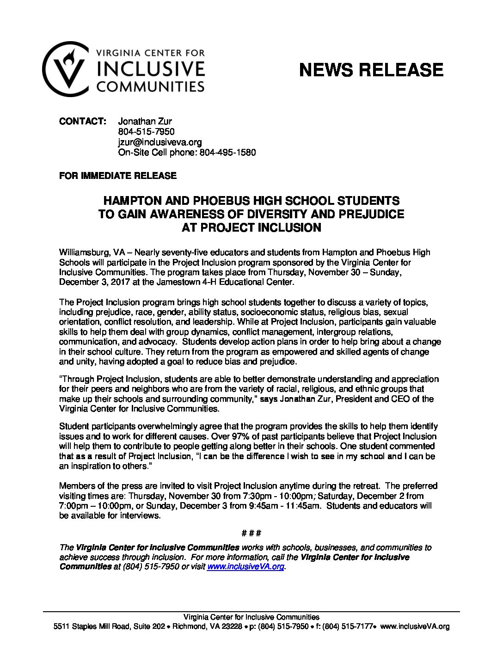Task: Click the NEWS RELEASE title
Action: click(371, 70)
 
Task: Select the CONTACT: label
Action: click(83, 122)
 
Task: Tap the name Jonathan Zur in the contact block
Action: click(145, 122)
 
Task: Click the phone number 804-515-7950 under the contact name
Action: click(146, 132)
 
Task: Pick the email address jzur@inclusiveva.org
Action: click(159, 142)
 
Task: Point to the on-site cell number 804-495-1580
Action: click(227, 152)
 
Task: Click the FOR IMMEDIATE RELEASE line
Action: click(118, 176)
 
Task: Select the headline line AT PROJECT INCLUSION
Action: click(251, 227)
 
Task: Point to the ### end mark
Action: click(251, 533)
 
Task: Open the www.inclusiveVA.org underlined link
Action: click(245, 566)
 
